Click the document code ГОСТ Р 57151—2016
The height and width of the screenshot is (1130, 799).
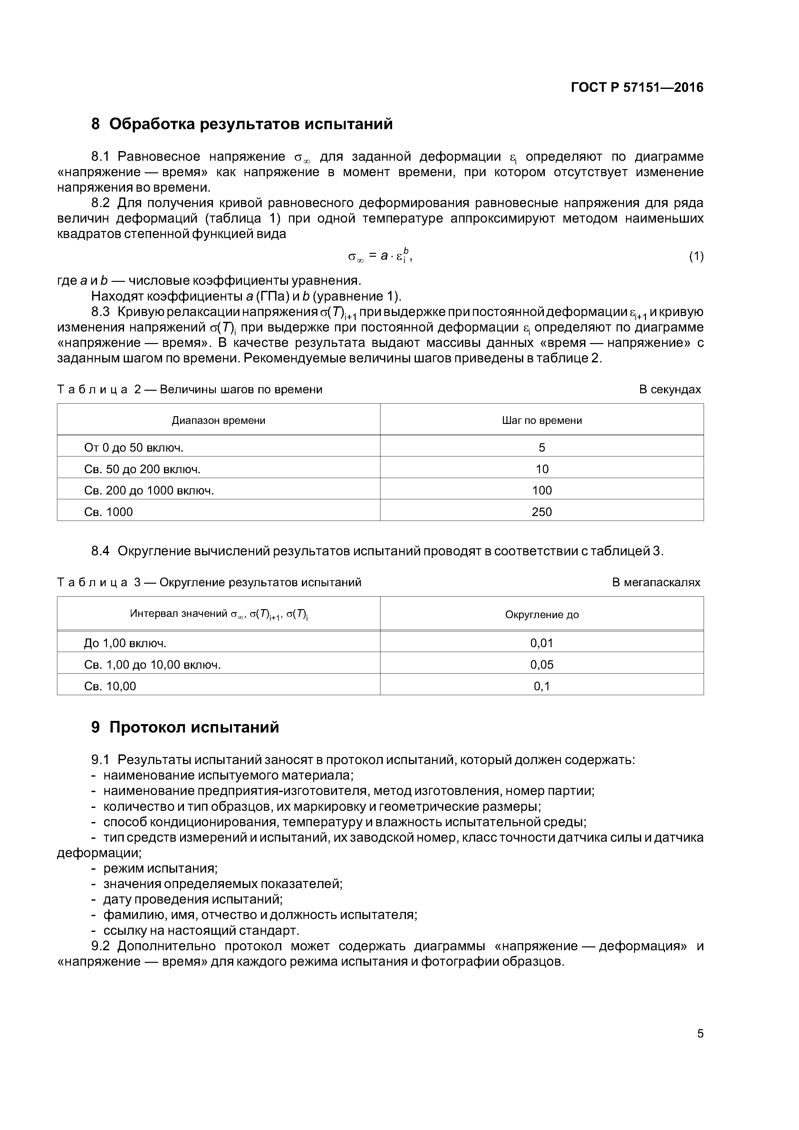(637, 88)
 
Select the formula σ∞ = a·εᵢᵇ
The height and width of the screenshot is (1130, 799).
(380, 255)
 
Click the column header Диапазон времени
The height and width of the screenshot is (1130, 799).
(218, 420)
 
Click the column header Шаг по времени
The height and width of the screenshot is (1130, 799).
(542, 420)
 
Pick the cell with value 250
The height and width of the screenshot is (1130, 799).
(542, 512)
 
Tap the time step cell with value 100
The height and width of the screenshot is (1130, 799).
(542, 490)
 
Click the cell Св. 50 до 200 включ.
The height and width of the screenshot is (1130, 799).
(142, 469)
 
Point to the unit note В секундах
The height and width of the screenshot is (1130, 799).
(669, 389)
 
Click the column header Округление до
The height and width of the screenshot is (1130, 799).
(542, 614)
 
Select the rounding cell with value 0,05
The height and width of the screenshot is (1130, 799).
(542, 665)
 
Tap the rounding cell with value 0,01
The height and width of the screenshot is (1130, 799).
(542, 643)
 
